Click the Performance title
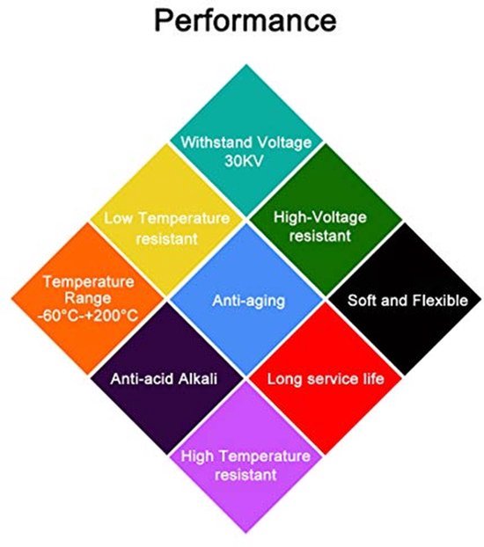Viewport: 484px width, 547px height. point(246,20)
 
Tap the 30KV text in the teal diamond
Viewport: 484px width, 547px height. point(244,161)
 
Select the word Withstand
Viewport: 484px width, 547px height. point(216,142)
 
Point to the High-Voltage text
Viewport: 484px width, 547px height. point(319,217)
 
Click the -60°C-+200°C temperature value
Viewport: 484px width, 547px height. point(88,316)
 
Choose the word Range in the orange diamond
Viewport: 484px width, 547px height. point(88,298)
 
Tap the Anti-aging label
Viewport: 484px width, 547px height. point(248,301)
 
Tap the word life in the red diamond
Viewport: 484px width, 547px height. point(373,378)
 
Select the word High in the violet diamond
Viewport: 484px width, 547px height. point(197,456)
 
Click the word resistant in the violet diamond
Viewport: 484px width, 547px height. point(246,475)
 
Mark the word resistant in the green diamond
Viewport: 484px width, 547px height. point(319,236)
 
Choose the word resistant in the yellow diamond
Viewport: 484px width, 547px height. point(167,239)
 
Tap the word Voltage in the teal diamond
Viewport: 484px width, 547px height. point(284,142)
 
